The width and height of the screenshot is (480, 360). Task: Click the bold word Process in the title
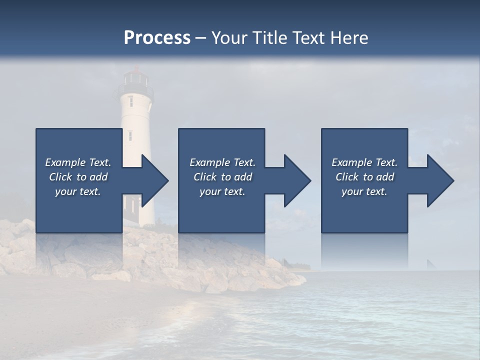click(157, 38)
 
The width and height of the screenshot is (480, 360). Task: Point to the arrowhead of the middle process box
click(295, 180)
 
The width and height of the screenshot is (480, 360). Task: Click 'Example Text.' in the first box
click(78, 162)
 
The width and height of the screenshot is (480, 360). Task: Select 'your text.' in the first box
click(78, 191)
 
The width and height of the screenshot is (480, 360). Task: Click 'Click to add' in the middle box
click(222, 177)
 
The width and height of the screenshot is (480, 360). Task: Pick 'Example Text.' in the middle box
click(222, 162)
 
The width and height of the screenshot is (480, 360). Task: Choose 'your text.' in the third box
click(364, 191)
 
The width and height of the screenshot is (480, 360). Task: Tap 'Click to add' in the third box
click(364, 177)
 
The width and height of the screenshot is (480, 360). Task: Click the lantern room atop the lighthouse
click(135, 77)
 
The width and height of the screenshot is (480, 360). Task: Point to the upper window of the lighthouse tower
click(131, 101)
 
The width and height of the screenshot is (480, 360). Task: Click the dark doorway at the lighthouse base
click(132, 204)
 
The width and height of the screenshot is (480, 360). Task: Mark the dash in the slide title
click(201, 38)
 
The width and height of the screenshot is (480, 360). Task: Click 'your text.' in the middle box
click(222, 191)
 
